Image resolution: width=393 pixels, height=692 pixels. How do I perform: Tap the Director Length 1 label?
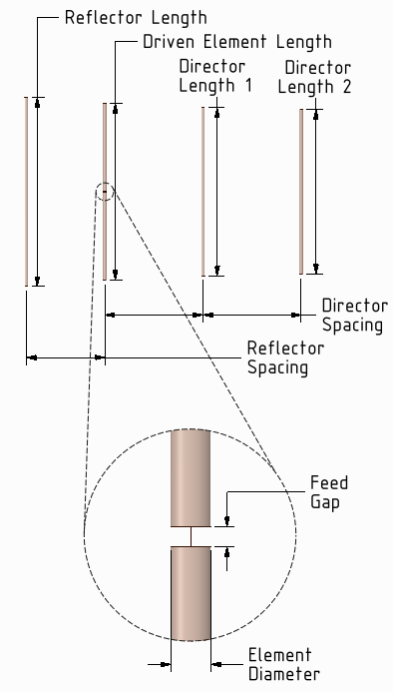[x=214, y=76]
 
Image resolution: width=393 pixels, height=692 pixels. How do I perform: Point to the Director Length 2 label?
[x=318, y=77]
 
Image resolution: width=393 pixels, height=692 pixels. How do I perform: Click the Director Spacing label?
[x=353, y=315]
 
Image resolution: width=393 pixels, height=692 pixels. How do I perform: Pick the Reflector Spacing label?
[x=285, y=357]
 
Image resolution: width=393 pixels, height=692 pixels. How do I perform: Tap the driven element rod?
[x=105, y=150]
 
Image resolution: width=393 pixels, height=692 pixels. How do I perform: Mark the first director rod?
[x=203, y=190]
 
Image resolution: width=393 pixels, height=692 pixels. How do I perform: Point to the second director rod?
[x=301, y=190]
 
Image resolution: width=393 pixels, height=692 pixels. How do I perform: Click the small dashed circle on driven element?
[x=106, y=192]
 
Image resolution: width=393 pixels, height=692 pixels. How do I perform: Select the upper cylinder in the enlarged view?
[x=191, y=477]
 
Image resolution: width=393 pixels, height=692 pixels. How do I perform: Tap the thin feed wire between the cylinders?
[x=191, y=536]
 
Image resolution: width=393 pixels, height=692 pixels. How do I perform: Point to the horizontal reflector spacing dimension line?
[x=66, y=355]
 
